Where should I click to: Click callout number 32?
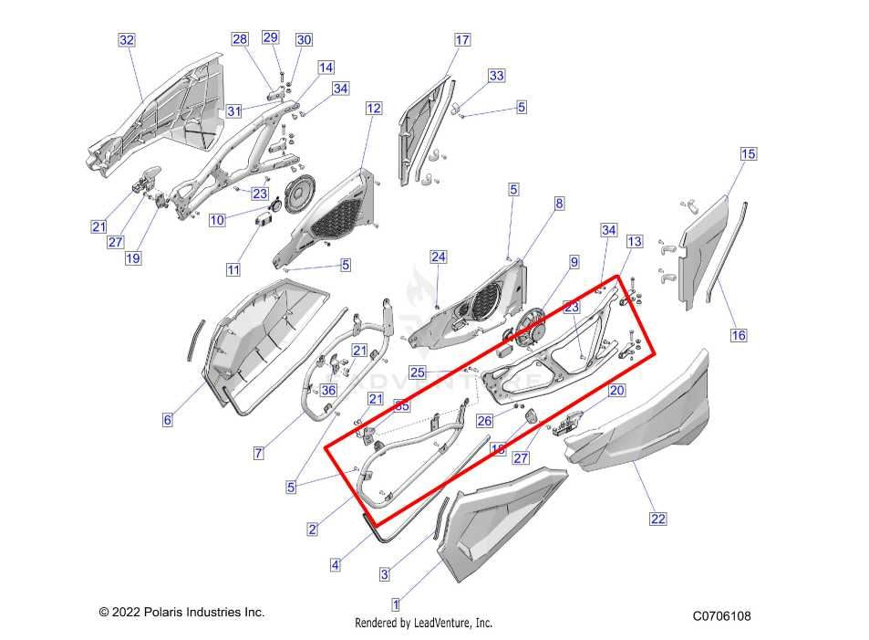pyautogui.click(x=127, y=40)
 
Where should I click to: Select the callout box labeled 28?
pyautogui.click(x=240, y=39)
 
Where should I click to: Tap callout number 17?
pyautogui.click(x=462, y=40)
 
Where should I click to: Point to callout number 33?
pyautogui.click(x=496, y=76)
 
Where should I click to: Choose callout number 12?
pyautogui.click(x=374, y=109)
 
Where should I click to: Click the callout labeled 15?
pyautogui.click(x=748, y=154)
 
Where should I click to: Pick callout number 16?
pyautogui.click(x=739, y=335)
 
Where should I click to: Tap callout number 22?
pyautogui.click(x=657, y=519)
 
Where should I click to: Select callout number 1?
pyautogui.click(x=395, y=603)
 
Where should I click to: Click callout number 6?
pyautogui.click(x=167, y=420)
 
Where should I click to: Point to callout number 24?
pyautogui.click(x=439, y=257)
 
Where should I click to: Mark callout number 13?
pyautogui.click(x=634, y=242)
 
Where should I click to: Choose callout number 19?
pyautogui.click(x=133, y=258)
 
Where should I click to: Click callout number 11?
pyautogui.click(x=233, y=269)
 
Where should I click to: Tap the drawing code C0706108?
pyautogui.click(x=721, y=616)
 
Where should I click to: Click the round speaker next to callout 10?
pyautogui.click(x=299, y=196)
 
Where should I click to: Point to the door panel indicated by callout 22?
pyautogui.click(x=647, y=429)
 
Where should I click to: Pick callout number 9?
pyautogui.click(x=574, y=263)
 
